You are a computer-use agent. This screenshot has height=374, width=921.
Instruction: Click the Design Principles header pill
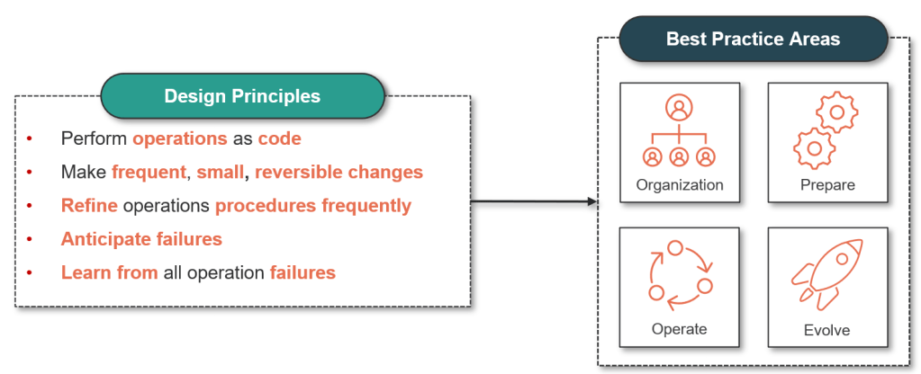pos(242,95)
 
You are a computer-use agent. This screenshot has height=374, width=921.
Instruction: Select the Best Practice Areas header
pos(753,39)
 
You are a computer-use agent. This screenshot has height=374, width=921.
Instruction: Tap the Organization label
pos(679,185)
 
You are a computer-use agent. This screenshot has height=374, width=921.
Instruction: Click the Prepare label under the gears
pos(826,185)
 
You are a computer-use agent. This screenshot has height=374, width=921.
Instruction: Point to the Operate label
pos(679,329)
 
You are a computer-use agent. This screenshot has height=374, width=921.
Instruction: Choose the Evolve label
pos(826,330)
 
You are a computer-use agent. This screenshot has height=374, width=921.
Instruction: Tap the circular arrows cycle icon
pos(680,272)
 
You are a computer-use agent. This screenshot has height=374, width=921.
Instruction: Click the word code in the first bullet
pos(279,138)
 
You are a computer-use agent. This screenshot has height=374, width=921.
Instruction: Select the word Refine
pos(89,206)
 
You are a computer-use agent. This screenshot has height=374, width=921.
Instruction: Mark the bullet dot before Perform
pos(29,138)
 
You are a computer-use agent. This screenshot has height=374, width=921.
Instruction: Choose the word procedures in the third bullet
pos(265,206)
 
